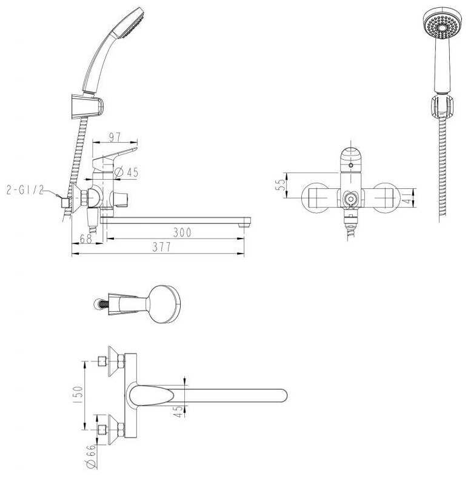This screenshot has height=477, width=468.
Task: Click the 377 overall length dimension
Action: [x=162, y=247]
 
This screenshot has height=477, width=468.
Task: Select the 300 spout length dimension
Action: [x=182, y=232]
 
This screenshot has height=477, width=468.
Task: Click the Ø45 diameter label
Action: [x=126, y=173]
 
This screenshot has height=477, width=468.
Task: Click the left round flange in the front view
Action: [x=316, y=197]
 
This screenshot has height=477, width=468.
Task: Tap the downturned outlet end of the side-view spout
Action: [x=244, y=222]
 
